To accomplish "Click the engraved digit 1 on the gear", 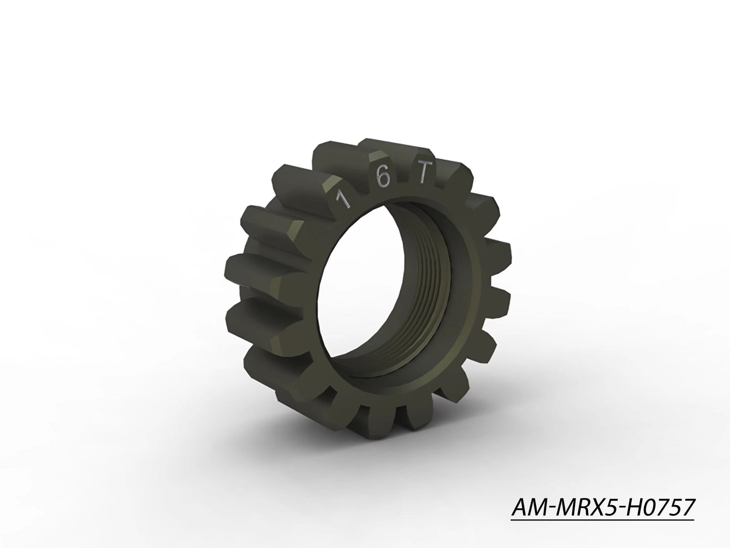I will (345, 200).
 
